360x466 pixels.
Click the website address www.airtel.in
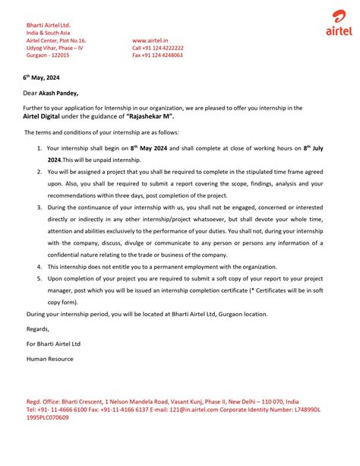pos(150,40)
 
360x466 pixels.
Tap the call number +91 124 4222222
pos(157,48)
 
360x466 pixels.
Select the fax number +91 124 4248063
pos(157,55)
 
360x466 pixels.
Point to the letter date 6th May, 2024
pos(39,78)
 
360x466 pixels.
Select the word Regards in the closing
pos(37,329)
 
